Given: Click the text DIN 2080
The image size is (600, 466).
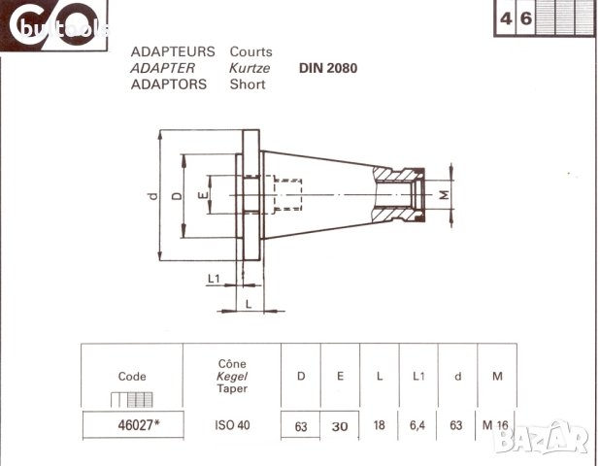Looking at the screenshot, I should tap(329, 68).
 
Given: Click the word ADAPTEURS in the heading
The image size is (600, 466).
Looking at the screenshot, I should tap(172, 51).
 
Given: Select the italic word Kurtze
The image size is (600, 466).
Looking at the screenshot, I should tap(250, 68).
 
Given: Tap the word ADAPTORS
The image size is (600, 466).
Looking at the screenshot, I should tap(168, 84).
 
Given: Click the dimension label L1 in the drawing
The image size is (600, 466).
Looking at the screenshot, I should tap(215, 280).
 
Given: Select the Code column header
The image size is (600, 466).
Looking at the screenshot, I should tap(132, 377).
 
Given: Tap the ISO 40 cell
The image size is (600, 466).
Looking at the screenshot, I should tap(233, 424).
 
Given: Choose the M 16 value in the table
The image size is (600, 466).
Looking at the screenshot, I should tap(496, 424).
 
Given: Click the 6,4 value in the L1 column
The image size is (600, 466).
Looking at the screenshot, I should tap(418, 424).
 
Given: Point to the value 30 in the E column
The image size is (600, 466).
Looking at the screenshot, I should tap(340, 424).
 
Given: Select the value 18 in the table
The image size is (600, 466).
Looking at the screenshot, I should tap(380, 424).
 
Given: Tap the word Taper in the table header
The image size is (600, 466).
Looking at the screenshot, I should tap(233, 388).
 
